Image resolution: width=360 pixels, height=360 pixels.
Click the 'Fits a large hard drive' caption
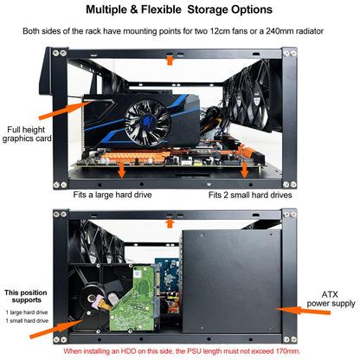point(115,196)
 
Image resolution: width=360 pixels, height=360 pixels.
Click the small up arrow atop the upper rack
point(170,61)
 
